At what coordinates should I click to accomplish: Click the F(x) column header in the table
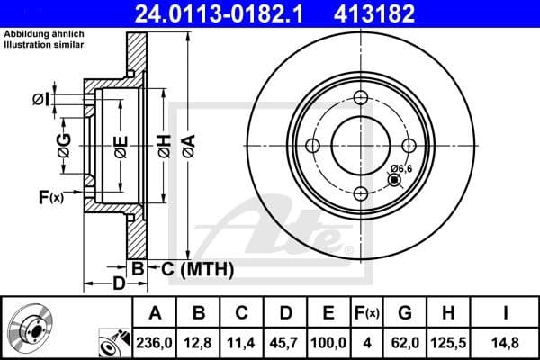tap(366, 312)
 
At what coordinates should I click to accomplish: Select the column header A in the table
tap(155, 312)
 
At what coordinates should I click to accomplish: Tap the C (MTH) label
tap(192, 268)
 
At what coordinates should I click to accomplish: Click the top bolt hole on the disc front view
tap(361, 98)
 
